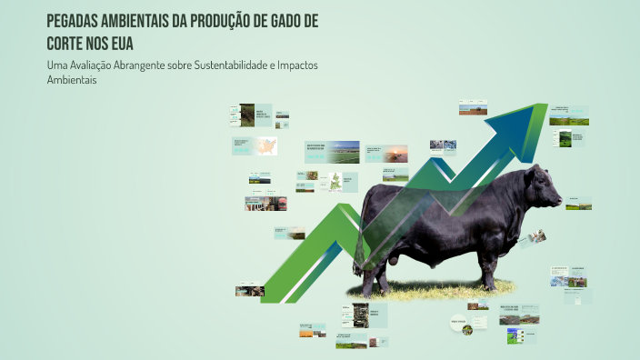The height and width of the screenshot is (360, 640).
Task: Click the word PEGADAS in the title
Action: pyautogui.click(x=75, y=21)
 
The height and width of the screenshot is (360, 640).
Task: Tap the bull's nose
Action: pyautogui.click(x=558, y=198)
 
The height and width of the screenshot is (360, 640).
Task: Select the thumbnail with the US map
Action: pyautogui.click(x=266, y=145)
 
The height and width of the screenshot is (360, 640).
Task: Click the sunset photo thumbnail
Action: pyautogui.click(x=395, y=154)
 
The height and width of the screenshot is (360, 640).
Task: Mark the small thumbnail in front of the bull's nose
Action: pyautogui.click(x=578, y=203)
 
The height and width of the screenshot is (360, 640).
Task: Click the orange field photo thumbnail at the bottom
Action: pyautogui.click(x=312, y=330)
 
